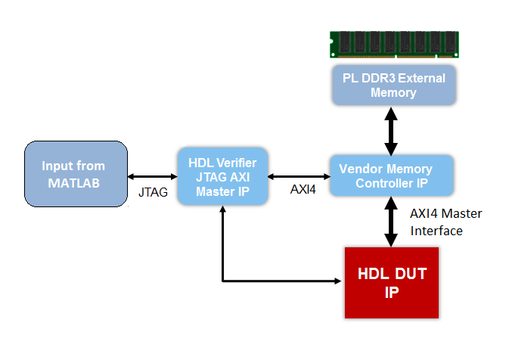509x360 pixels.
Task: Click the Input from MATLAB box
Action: click(74, 174)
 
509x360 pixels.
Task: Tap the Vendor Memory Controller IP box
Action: click(391, 175)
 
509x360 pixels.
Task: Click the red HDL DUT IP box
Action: click(391, 281)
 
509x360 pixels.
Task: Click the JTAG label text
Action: click(151, 192)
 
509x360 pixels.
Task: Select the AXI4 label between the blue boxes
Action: click(303, 189)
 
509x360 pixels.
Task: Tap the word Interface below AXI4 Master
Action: click(436, 231)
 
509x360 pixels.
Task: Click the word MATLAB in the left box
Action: click(74, 182)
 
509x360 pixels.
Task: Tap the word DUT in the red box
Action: click(409, 274)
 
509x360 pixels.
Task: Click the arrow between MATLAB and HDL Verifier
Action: click(151, 174)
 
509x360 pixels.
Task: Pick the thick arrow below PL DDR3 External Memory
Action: click(391, 129)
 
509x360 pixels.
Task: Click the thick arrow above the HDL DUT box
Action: click(391, 221)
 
